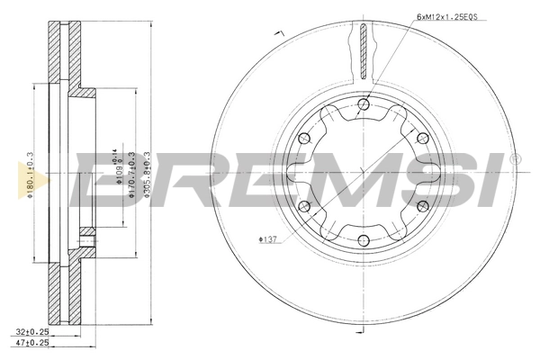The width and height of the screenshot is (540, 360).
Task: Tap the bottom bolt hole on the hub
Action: pos(363,239)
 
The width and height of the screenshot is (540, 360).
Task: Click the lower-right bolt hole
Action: pos(421,205)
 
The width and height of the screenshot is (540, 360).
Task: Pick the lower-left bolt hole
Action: pos(304,205)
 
